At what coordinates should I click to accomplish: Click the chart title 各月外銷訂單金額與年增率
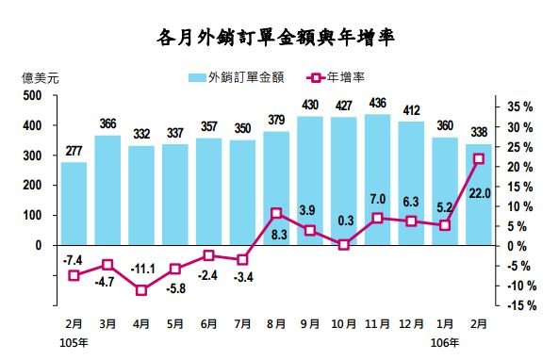[x=279, y=39]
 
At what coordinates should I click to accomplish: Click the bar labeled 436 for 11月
[x=376, y=179]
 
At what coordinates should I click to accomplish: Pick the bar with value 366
[x=107, y=189]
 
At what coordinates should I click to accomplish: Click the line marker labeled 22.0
[x=478, y=158]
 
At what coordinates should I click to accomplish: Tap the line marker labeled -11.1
[x=141, y=289]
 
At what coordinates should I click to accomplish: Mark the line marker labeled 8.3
[x=275, y=213]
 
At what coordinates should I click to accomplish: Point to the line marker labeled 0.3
[x=343, y=244]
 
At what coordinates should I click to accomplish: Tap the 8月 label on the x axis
[x=275, y=324]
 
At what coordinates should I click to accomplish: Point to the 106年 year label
[x=446, y=342]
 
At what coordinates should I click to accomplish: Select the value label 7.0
[x=377, y=200]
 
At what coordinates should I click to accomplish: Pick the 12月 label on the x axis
[x=410, y=324]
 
